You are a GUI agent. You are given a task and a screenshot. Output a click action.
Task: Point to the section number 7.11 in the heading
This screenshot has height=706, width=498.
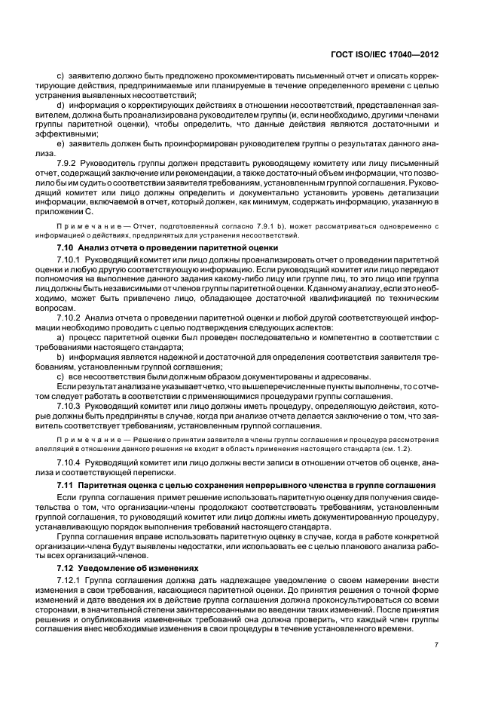click(66, 483)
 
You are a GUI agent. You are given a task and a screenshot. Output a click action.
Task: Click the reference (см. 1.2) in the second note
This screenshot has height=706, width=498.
click(417, 447)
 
